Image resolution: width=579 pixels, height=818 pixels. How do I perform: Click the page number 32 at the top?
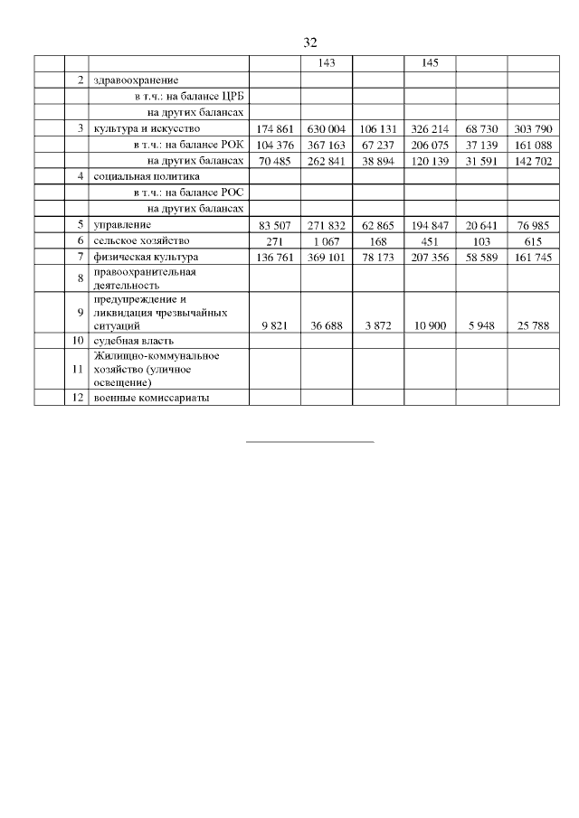click(x=309, y=43)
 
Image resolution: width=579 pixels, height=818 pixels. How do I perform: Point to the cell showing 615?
click(x=533, y=240)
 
